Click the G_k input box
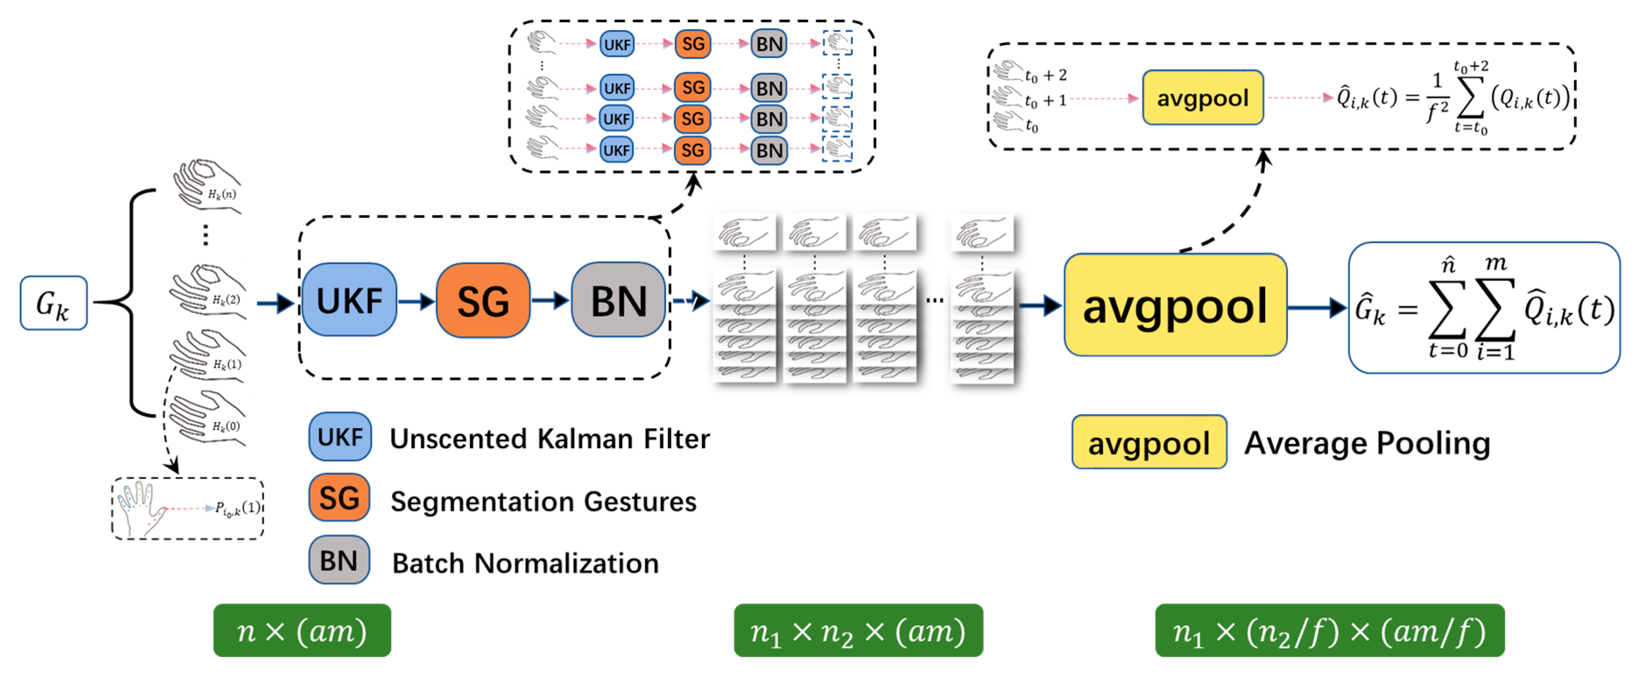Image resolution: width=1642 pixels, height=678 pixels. (53, 303)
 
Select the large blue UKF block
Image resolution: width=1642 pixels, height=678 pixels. (349, 300)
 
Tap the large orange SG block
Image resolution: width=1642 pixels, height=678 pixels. (483, 300)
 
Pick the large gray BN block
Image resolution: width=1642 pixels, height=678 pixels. (618, 300)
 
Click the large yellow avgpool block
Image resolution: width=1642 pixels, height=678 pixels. (1175, 305)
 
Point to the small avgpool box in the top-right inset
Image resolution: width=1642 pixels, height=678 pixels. (1202, 98)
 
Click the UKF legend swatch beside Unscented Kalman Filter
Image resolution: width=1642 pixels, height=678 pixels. (340, 437)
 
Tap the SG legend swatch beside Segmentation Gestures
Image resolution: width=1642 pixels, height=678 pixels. (339, 498)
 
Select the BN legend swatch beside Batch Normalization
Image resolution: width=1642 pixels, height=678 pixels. (339, 561)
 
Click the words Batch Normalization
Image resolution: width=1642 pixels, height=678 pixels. (525, 563)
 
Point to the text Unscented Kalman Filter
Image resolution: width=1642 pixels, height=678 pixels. (550, 439)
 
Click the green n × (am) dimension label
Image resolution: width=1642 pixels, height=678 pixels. (302, 631)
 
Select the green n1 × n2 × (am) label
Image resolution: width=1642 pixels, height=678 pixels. (858, 631)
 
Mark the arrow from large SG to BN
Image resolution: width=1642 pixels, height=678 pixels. (551, 300)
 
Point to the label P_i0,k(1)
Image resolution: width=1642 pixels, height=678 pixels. (238, 509)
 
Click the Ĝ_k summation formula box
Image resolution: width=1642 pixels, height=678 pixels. (1483, 308)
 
